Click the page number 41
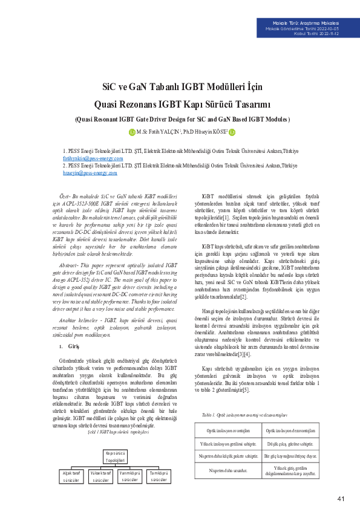[341, 498]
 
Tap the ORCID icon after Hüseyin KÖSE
[231, 132]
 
